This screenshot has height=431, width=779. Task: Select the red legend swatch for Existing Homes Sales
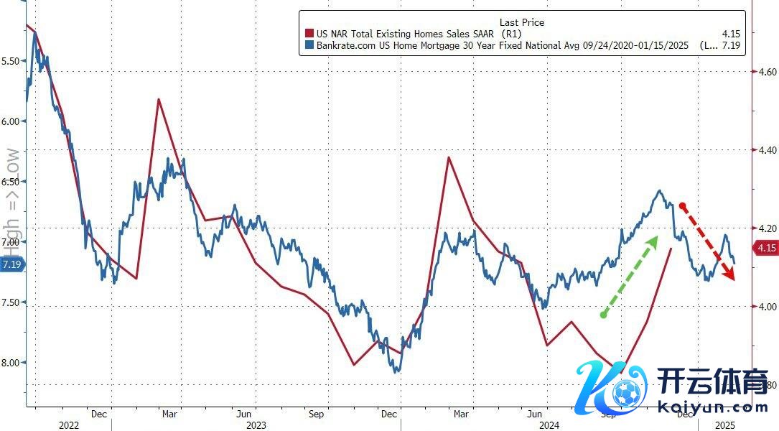click(309, 34)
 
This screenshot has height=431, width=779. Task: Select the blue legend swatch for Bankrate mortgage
click(309, 46)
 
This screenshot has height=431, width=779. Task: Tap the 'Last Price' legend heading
click(521, 22)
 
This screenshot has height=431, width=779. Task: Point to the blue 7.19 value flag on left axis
click(12, 265)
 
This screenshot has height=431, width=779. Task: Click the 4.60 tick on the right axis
click(763, 72)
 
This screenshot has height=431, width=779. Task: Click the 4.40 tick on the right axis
click(763, 150)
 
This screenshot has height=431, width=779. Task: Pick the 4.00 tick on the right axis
click(763, 307)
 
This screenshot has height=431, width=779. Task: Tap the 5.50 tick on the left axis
click(12, 61)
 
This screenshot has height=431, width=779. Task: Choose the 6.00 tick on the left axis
click(12, 121)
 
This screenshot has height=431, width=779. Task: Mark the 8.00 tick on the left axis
click(12, 363)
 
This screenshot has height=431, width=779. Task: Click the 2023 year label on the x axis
click(256, 425)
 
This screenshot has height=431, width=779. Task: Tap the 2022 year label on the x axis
click(69, 425)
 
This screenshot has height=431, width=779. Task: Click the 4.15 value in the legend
click(732, 34)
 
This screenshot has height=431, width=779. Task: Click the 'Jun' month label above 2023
click(243, 414)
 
